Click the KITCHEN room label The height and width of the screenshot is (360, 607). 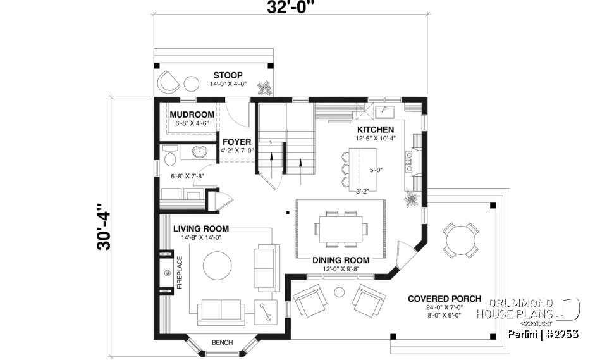(x=376, y=129)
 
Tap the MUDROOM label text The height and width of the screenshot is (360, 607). (x=193, y=115)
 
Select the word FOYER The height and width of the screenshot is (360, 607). (x=236, y=142)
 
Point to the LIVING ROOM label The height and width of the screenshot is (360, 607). (x=201, y=228)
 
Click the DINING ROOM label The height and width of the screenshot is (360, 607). (x=341, y=260)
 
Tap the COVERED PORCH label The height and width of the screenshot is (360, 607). (x=444, y=299)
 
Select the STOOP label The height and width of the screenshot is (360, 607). (x=228, y=75)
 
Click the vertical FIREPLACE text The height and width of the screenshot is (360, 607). (x=180, y=272)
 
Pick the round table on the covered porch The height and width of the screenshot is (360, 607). (x=461, y=239)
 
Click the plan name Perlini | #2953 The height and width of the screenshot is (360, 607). (x=543, y=334)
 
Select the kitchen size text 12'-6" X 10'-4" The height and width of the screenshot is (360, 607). (x=376, y=138)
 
